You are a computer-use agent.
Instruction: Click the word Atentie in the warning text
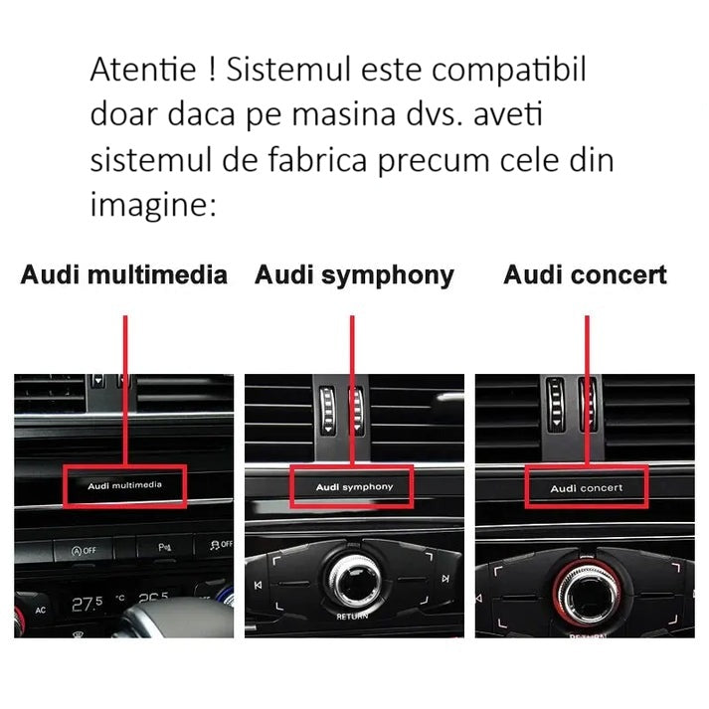coord(143,71)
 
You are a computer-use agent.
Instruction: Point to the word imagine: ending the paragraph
coord(152,206)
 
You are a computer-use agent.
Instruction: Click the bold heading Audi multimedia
coord(124,275)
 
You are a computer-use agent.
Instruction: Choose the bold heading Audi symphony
coord(354,275)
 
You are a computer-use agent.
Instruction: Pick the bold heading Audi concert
coord(585,275)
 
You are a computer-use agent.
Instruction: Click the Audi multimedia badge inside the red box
coord(124,485)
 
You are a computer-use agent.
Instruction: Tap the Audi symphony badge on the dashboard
coord(354,487)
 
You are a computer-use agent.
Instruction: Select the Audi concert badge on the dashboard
coord(587,488)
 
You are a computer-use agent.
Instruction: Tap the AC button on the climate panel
coord(41,610)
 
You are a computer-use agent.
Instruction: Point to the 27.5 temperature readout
coord(88,604)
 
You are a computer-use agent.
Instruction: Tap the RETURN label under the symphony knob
coord(352,617)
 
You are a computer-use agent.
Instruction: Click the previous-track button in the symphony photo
coord(259,586)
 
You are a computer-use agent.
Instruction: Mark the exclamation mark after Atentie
coord(212,71)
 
